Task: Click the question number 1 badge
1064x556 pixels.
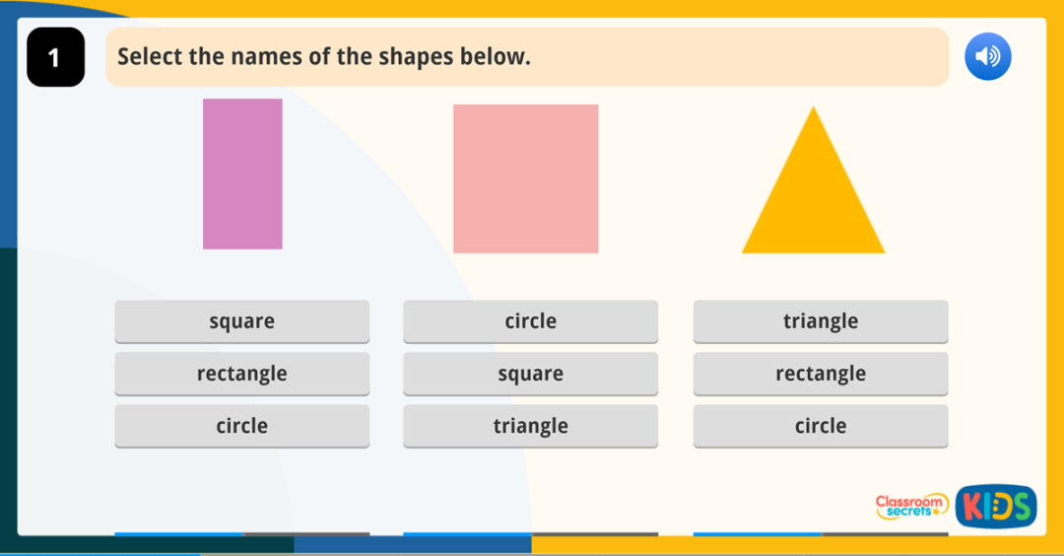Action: coord(55,57)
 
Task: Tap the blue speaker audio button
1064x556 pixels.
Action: coord(987,57)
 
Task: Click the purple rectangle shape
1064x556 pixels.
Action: coord(242,174)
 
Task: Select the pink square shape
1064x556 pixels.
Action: coord(525,178)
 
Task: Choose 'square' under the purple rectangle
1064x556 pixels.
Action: coord(242,321)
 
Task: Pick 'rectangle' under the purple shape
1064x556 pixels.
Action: coord(242,374)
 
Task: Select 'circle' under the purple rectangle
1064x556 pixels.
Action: coord(242,426)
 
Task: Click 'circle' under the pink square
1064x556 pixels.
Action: coord(530,321)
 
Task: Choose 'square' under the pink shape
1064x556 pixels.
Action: coord(530,374)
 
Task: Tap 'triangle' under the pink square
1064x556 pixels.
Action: coord(530,426)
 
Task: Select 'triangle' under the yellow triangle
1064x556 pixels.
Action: coord(821,321)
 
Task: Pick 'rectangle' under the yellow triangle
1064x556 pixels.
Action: coord(821,374)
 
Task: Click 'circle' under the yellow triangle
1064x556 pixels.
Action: coord(821,426)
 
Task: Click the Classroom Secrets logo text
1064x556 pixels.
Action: coord(911,506)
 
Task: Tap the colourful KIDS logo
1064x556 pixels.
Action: coord(995,506)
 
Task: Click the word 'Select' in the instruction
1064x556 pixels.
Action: coord(150,57)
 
